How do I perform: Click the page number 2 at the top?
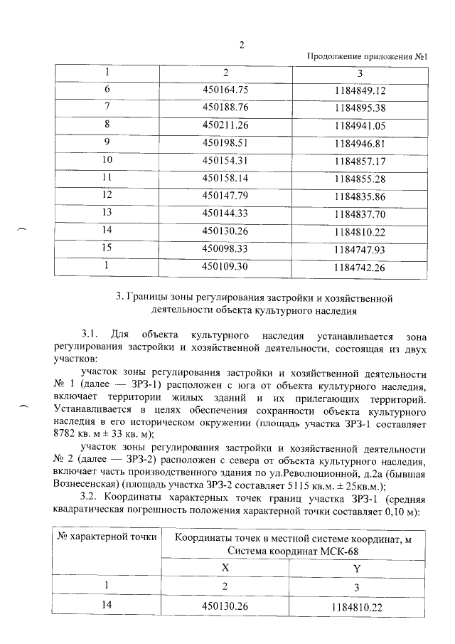(241, 45)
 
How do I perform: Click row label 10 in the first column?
(108, 159)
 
